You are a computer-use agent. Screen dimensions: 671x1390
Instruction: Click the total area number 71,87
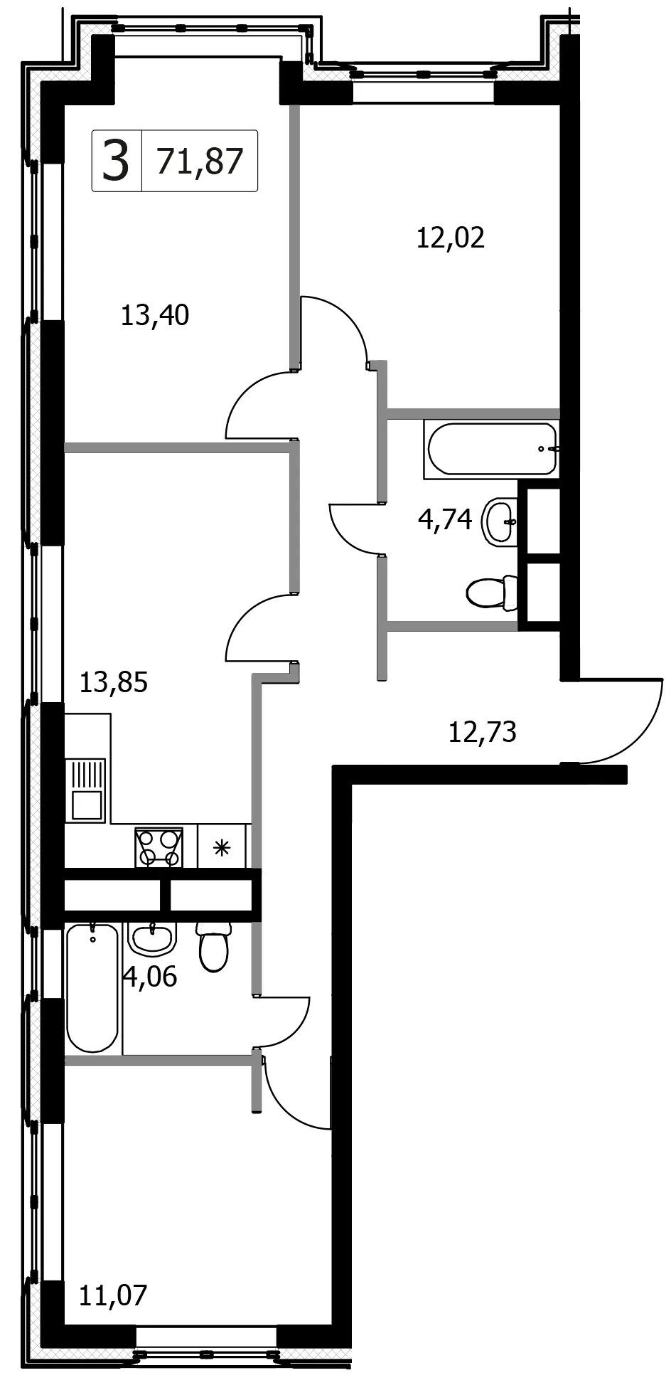coord(200,161)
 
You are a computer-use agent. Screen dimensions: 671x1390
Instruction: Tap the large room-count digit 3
coord(117,161)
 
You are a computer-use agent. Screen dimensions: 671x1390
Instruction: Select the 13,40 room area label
coord(155,314)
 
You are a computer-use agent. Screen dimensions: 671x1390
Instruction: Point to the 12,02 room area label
coord(451,237)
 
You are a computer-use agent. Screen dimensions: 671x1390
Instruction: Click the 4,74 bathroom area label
coord(445,519)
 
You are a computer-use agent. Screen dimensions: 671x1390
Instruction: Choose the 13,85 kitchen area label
coord(114,682)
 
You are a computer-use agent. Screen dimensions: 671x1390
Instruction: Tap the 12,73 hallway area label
coord(482,731)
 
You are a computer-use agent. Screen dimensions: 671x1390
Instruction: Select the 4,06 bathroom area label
coord(150,977)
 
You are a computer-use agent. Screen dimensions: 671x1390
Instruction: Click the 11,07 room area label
coord(114,1295)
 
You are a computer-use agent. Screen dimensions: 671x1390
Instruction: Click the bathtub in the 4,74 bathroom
coord(491,449)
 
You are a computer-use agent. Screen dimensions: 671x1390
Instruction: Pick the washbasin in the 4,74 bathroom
coord(500,521)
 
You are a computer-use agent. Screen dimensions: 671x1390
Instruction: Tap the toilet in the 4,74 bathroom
coord(492,593)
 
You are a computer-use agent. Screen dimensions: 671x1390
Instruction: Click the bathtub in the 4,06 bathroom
coord(92,988)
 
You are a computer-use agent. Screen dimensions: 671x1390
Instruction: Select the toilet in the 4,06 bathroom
coord(214,947)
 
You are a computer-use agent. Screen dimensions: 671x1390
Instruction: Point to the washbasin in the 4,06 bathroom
coord(152,939)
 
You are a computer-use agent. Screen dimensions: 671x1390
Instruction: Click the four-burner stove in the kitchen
coord(159,847)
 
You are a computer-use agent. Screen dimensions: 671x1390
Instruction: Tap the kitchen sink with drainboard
coord(85,790)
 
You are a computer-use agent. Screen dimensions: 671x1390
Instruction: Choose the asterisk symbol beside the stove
coord(222,847)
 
